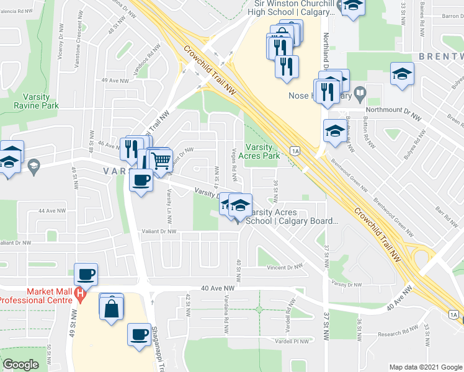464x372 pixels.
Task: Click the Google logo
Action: coord(20,365)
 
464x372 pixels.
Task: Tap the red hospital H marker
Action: coord(79,293)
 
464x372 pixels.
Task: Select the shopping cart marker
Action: coord(161,161)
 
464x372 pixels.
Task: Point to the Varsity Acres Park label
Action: coord(267,151)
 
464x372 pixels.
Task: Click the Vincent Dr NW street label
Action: coord(285,267)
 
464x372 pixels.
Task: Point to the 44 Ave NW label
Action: coord(51,211)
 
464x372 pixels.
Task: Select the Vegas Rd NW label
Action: coord(235,162)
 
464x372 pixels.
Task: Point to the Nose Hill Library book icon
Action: coord(359,95)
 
